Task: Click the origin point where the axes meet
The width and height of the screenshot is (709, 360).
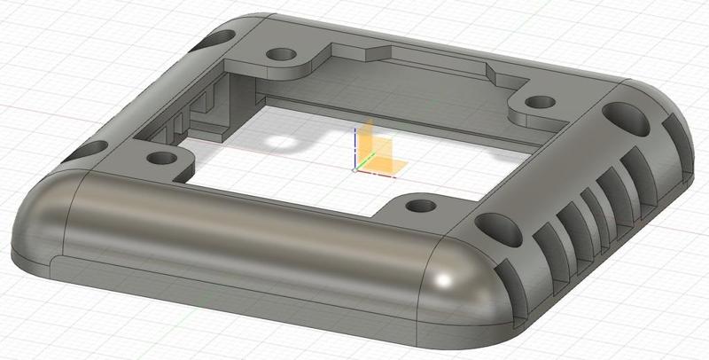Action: pos(356,168)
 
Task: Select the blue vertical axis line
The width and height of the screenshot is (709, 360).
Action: pos(355,146)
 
